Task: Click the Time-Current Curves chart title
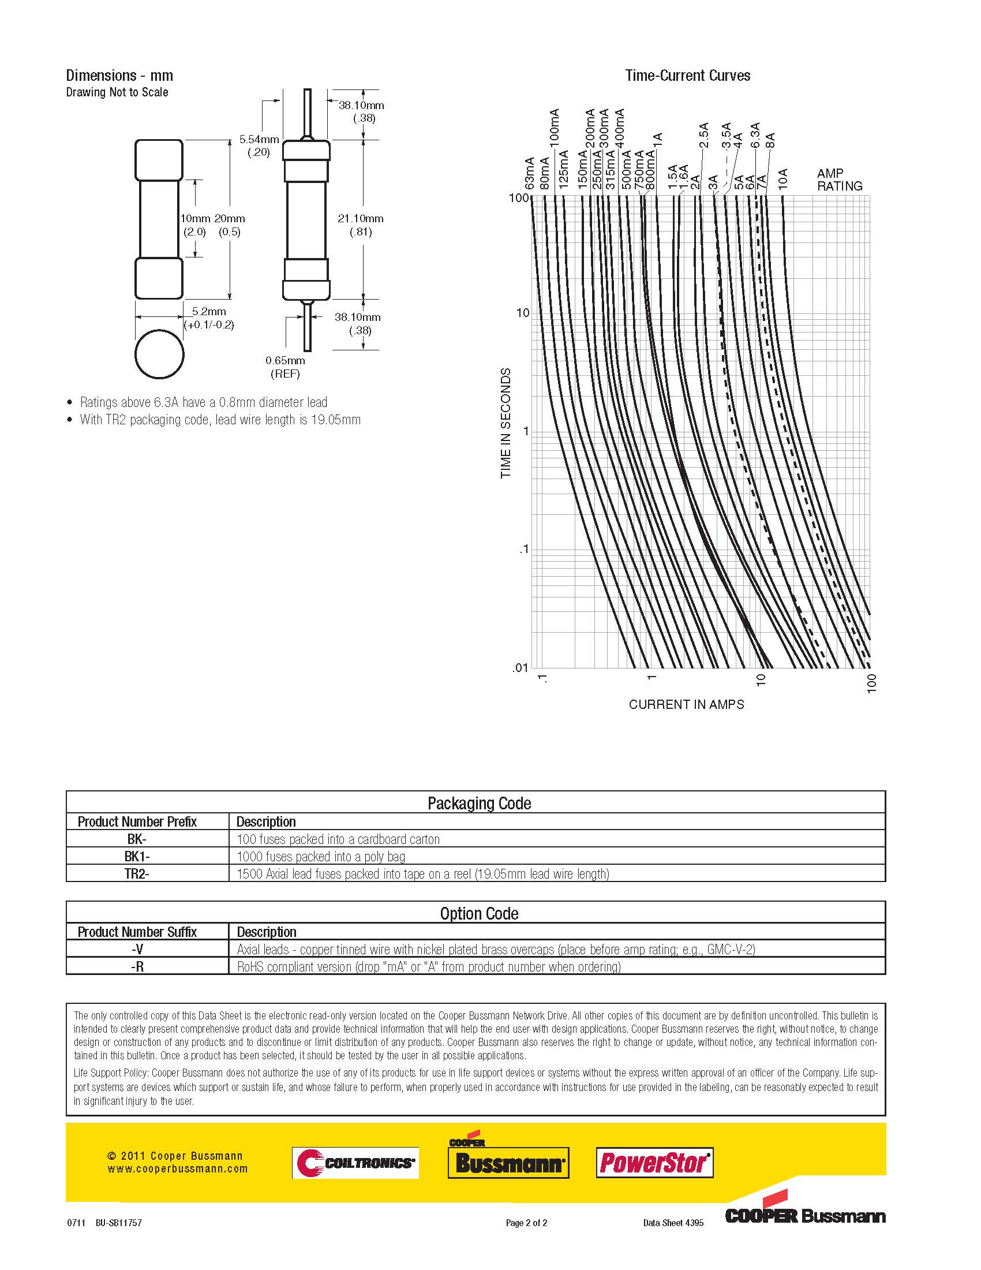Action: click(687, 76)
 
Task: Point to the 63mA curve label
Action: click(529, 173)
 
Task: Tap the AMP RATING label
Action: click(839, 180)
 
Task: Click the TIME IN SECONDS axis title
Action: click(506, 423)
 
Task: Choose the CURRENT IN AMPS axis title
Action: click(686, 704)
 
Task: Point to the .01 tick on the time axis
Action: click(520, 668)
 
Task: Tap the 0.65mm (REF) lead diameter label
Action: click(285, 367)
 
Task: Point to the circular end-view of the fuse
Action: click(159, 354)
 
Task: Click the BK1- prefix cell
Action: click(137, 857)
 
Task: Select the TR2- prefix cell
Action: click(137, 874)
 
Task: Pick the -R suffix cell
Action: click(137, 966)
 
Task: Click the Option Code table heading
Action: click(479, 914)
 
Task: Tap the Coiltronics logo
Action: click(355, 1163)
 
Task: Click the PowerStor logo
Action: click(654, 1163)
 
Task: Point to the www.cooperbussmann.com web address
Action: click(177, 1169)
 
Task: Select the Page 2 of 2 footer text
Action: click(526, 1223)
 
